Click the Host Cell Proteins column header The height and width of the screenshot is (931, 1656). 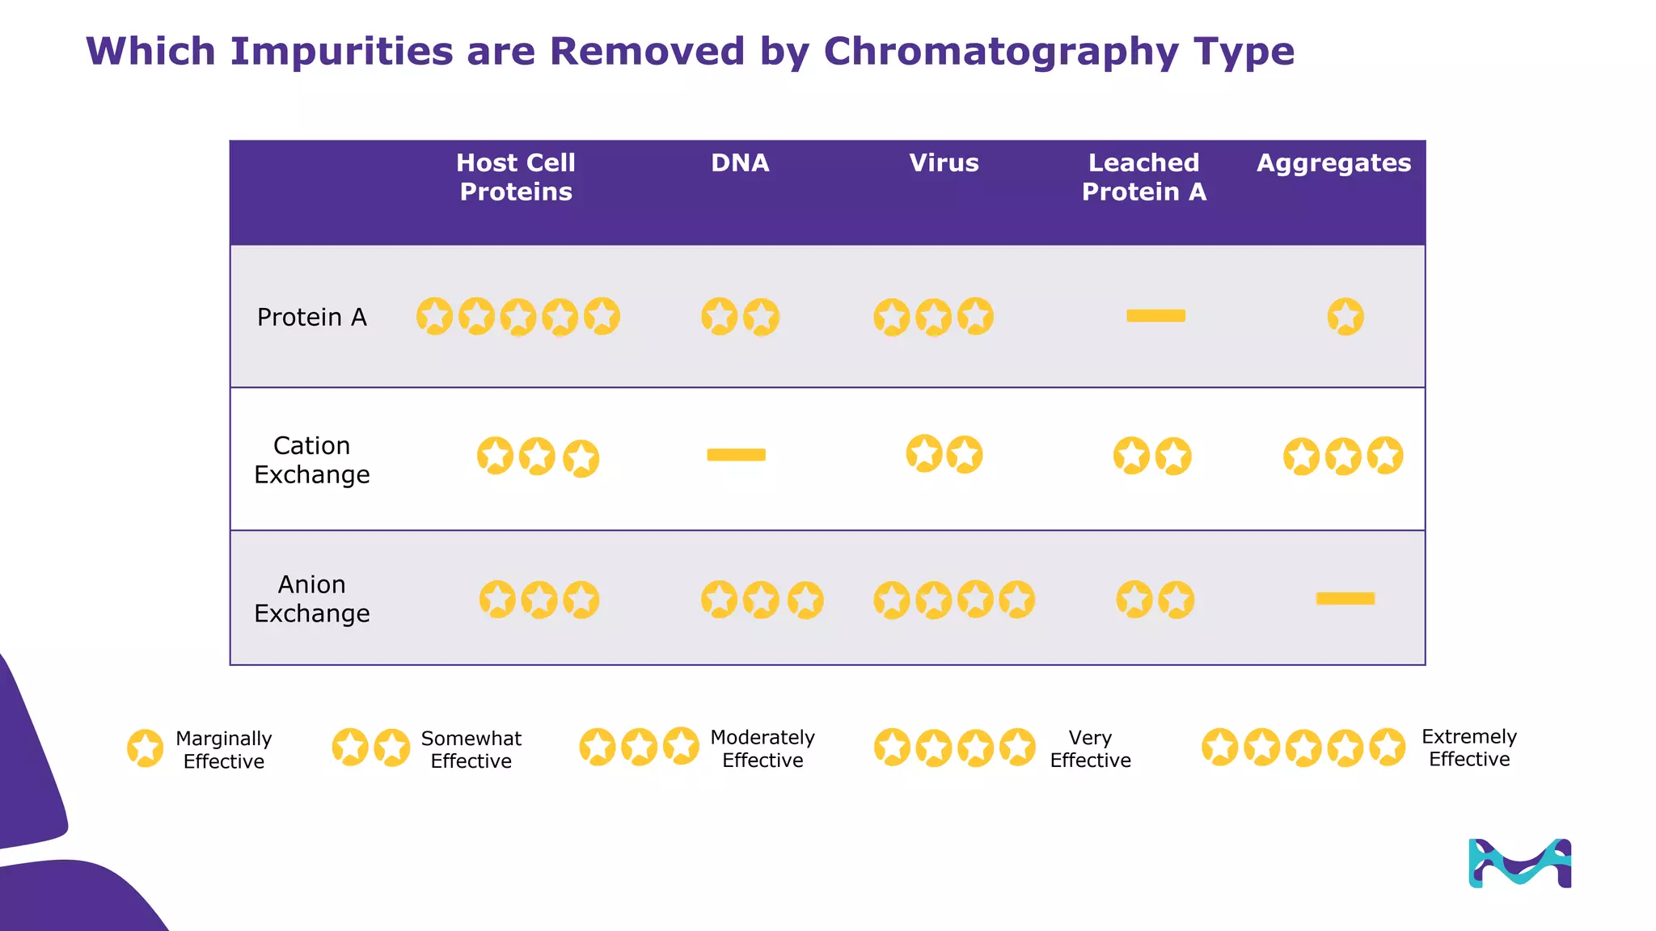[516, 177]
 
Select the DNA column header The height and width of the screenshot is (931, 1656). [740, 163]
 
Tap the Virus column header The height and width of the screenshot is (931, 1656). [944, 163]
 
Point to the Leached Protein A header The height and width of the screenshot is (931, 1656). [1143, 177]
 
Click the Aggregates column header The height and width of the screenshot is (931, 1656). [1333, 163]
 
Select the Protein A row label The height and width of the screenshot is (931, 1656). [311, 318]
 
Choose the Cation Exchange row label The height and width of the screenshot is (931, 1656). [311, 460]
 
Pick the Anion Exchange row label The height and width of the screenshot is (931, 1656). [311, 599]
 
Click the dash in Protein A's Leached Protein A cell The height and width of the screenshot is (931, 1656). [1155, 316]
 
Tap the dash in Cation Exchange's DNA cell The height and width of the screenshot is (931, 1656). [736, 455]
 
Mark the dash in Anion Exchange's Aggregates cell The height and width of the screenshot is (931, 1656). [1345, 599]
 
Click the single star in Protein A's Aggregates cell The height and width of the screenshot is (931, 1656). [1345, 317]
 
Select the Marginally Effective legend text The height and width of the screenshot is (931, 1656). [224, 750]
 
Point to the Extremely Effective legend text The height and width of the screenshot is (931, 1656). [1468, 748]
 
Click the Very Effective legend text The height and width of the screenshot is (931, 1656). [1090, 749]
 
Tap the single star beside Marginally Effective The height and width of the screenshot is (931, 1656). [146, 748]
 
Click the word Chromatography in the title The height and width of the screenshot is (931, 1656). [1000, 53]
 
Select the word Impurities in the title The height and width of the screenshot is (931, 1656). [341, 53]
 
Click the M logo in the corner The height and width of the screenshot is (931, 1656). [1519, 863]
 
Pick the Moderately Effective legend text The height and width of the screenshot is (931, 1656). [762, 749]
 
